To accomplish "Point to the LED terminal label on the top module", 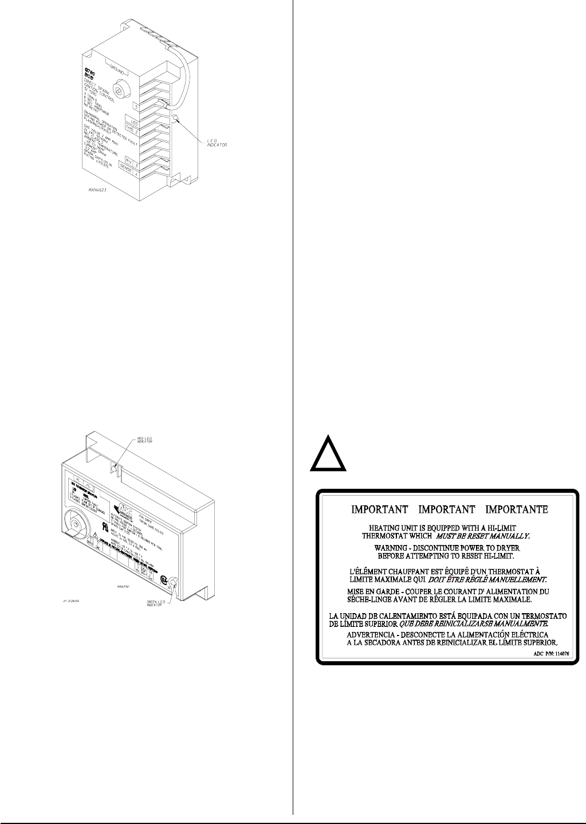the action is click(134, 123).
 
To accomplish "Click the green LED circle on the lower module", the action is click(171, 584).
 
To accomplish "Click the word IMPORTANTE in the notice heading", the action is click(517, 509).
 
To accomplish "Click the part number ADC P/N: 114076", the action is click(548, 653).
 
